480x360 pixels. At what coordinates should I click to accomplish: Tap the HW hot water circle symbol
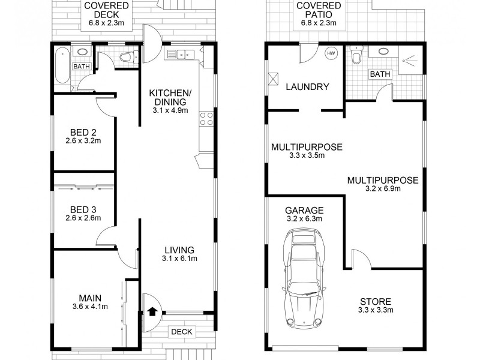[x=331, y=54]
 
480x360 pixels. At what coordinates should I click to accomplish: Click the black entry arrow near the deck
[x=152, y=311]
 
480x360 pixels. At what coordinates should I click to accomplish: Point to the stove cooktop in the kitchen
[x=207, y=119]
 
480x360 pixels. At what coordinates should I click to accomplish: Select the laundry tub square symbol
[x=274, y=78]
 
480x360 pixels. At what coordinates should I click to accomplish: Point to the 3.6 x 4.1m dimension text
[x=88, y=307]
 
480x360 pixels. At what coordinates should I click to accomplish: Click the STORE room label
[x=376, y=301]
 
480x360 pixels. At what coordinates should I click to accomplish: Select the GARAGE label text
[x=304, y=210]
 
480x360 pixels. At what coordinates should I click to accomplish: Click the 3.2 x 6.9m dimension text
[x=382, y=188]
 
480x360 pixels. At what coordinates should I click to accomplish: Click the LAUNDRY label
[x=307, y=87]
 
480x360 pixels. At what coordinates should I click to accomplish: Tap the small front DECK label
[x=181, y=331]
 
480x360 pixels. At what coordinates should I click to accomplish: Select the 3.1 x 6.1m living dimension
[x=179, y=259]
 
